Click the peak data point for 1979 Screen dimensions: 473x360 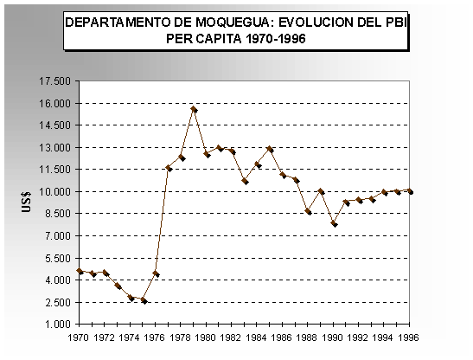pos(195,109)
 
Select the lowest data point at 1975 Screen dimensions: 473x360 pos(144,300)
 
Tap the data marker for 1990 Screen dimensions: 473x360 pos(334,224)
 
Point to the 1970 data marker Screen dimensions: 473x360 pos(80,271)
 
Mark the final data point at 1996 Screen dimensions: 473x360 pos(410,191)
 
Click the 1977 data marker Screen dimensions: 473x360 pos(169,168)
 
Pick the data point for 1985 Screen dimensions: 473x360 pos(270,149)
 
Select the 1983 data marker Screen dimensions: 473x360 pos(245,181)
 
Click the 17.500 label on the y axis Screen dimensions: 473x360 pos(54,81)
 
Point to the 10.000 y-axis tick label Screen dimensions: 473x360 pos(54,192)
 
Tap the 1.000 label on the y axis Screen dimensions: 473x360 pos(58,325)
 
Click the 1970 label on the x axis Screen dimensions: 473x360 pos(79,337)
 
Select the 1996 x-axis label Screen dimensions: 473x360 pos(409,337)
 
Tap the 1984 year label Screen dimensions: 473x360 pos(256,337)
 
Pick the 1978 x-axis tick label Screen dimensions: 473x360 pos(180,337)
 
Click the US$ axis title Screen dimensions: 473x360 pos(26,202)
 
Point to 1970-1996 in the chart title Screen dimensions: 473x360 pos(276,39)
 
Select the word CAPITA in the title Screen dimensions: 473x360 pos(219,39)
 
